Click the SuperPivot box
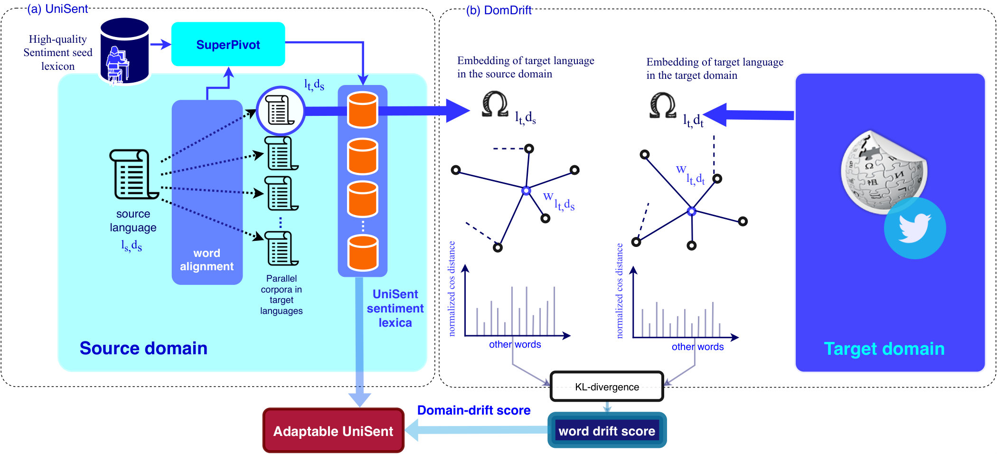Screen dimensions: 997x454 coord(228,44)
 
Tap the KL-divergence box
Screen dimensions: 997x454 coord(607,387)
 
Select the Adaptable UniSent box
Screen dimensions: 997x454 coord(333,431)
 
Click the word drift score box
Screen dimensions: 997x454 coord(607,431)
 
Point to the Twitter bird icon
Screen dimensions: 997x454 coord(914,228)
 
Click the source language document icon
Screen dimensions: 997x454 coord(133,174)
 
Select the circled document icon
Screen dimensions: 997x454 coord(280,111)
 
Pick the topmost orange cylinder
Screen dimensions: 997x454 coord(363,110)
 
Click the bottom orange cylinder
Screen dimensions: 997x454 coord(363,253)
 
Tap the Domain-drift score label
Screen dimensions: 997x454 coord(474,410)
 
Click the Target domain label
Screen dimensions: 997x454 coord(884,349)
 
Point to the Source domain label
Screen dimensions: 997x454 coord(143,348)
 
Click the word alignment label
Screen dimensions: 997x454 coord(207,260)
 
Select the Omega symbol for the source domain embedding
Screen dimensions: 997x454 coord(495,104)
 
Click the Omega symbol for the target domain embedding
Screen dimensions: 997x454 coord(663,105)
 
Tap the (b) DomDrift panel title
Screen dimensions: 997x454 coord(498,10)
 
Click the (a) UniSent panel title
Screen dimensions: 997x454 coord(57,9)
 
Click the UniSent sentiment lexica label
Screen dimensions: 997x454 coord(395,308)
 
